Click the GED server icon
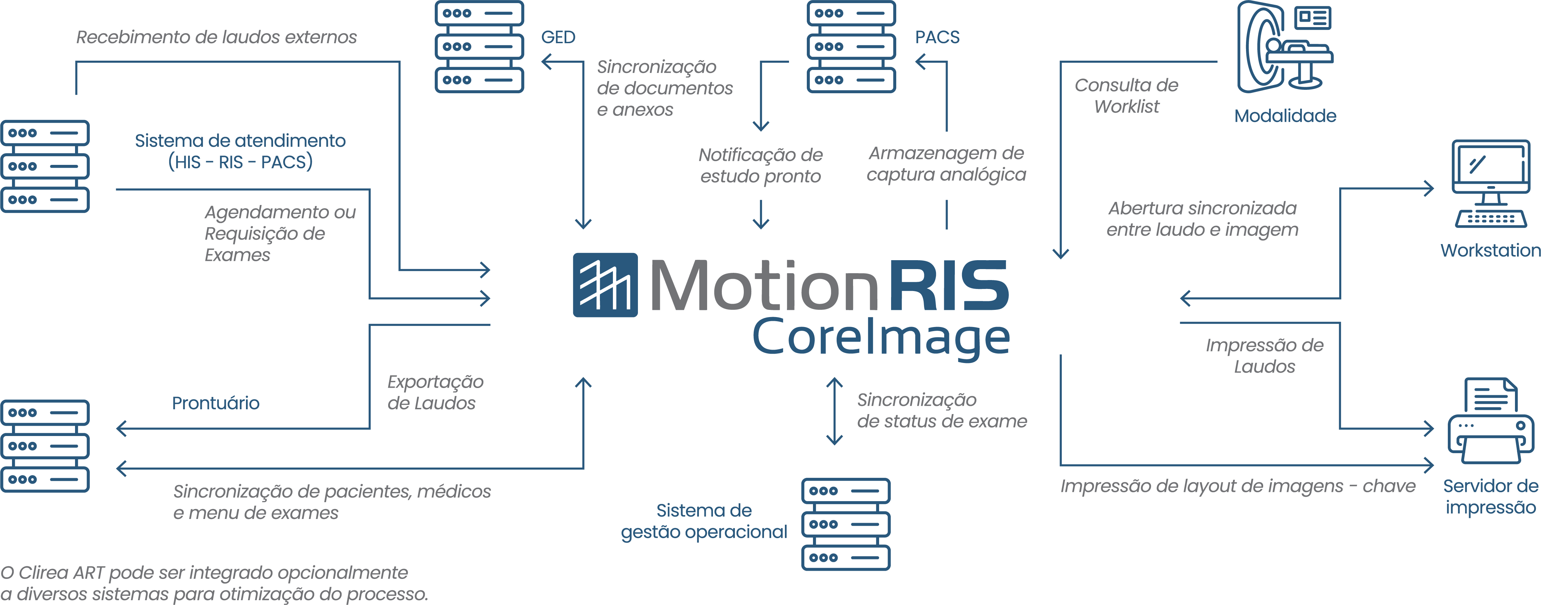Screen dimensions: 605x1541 (x=479, y=47)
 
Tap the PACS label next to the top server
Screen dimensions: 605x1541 (x=937, y=37)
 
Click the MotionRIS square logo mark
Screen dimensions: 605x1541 (x=605, y=285)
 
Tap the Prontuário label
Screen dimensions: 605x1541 (x=215, y=403)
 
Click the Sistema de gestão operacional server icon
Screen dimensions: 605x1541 (x=845, y=524)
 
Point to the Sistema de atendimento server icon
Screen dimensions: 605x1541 (x=45, y=166)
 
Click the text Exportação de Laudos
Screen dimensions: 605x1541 (x=435, y=392)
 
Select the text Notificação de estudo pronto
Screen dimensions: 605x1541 (x=760, y=165)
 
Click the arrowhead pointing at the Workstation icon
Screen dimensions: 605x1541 (x=1429, y=189)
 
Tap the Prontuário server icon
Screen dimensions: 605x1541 (x=45, y=446)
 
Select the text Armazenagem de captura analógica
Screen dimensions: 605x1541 (x=946, y=164)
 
